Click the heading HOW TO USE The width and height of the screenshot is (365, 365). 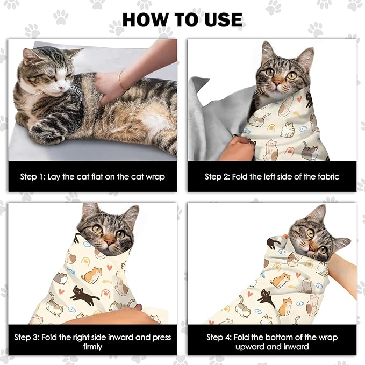[x=182, y=19]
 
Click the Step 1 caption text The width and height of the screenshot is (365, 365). [x=92, y=176]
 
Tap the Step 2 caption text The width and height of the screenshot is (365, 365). [x=272, y=176]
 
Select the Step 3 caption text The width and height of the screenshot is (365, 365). [x=92, y=342]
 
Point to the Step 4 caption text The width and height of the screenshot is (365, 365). [x=272, y=342]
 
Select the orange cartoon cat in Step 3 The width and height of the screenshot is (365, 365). [x=92, y=275]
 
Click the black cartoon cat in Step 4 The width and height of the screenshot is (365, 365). [x=267, y=297]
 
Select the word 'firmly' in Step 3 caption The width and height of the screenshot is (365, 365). [x=92, y=347]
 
